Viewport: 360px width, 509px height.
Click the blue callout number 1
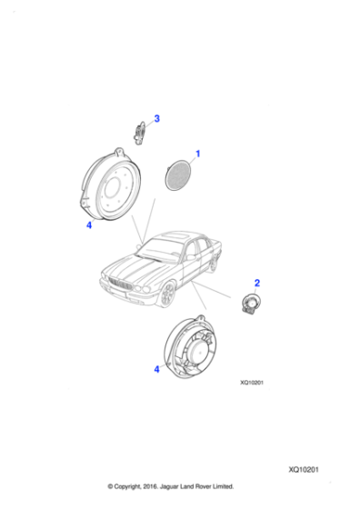(197, 155)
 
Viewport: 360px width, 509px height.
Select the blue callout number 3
(156, 118)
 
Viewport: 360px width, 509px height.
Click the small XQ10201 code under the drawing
(252, 383)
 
